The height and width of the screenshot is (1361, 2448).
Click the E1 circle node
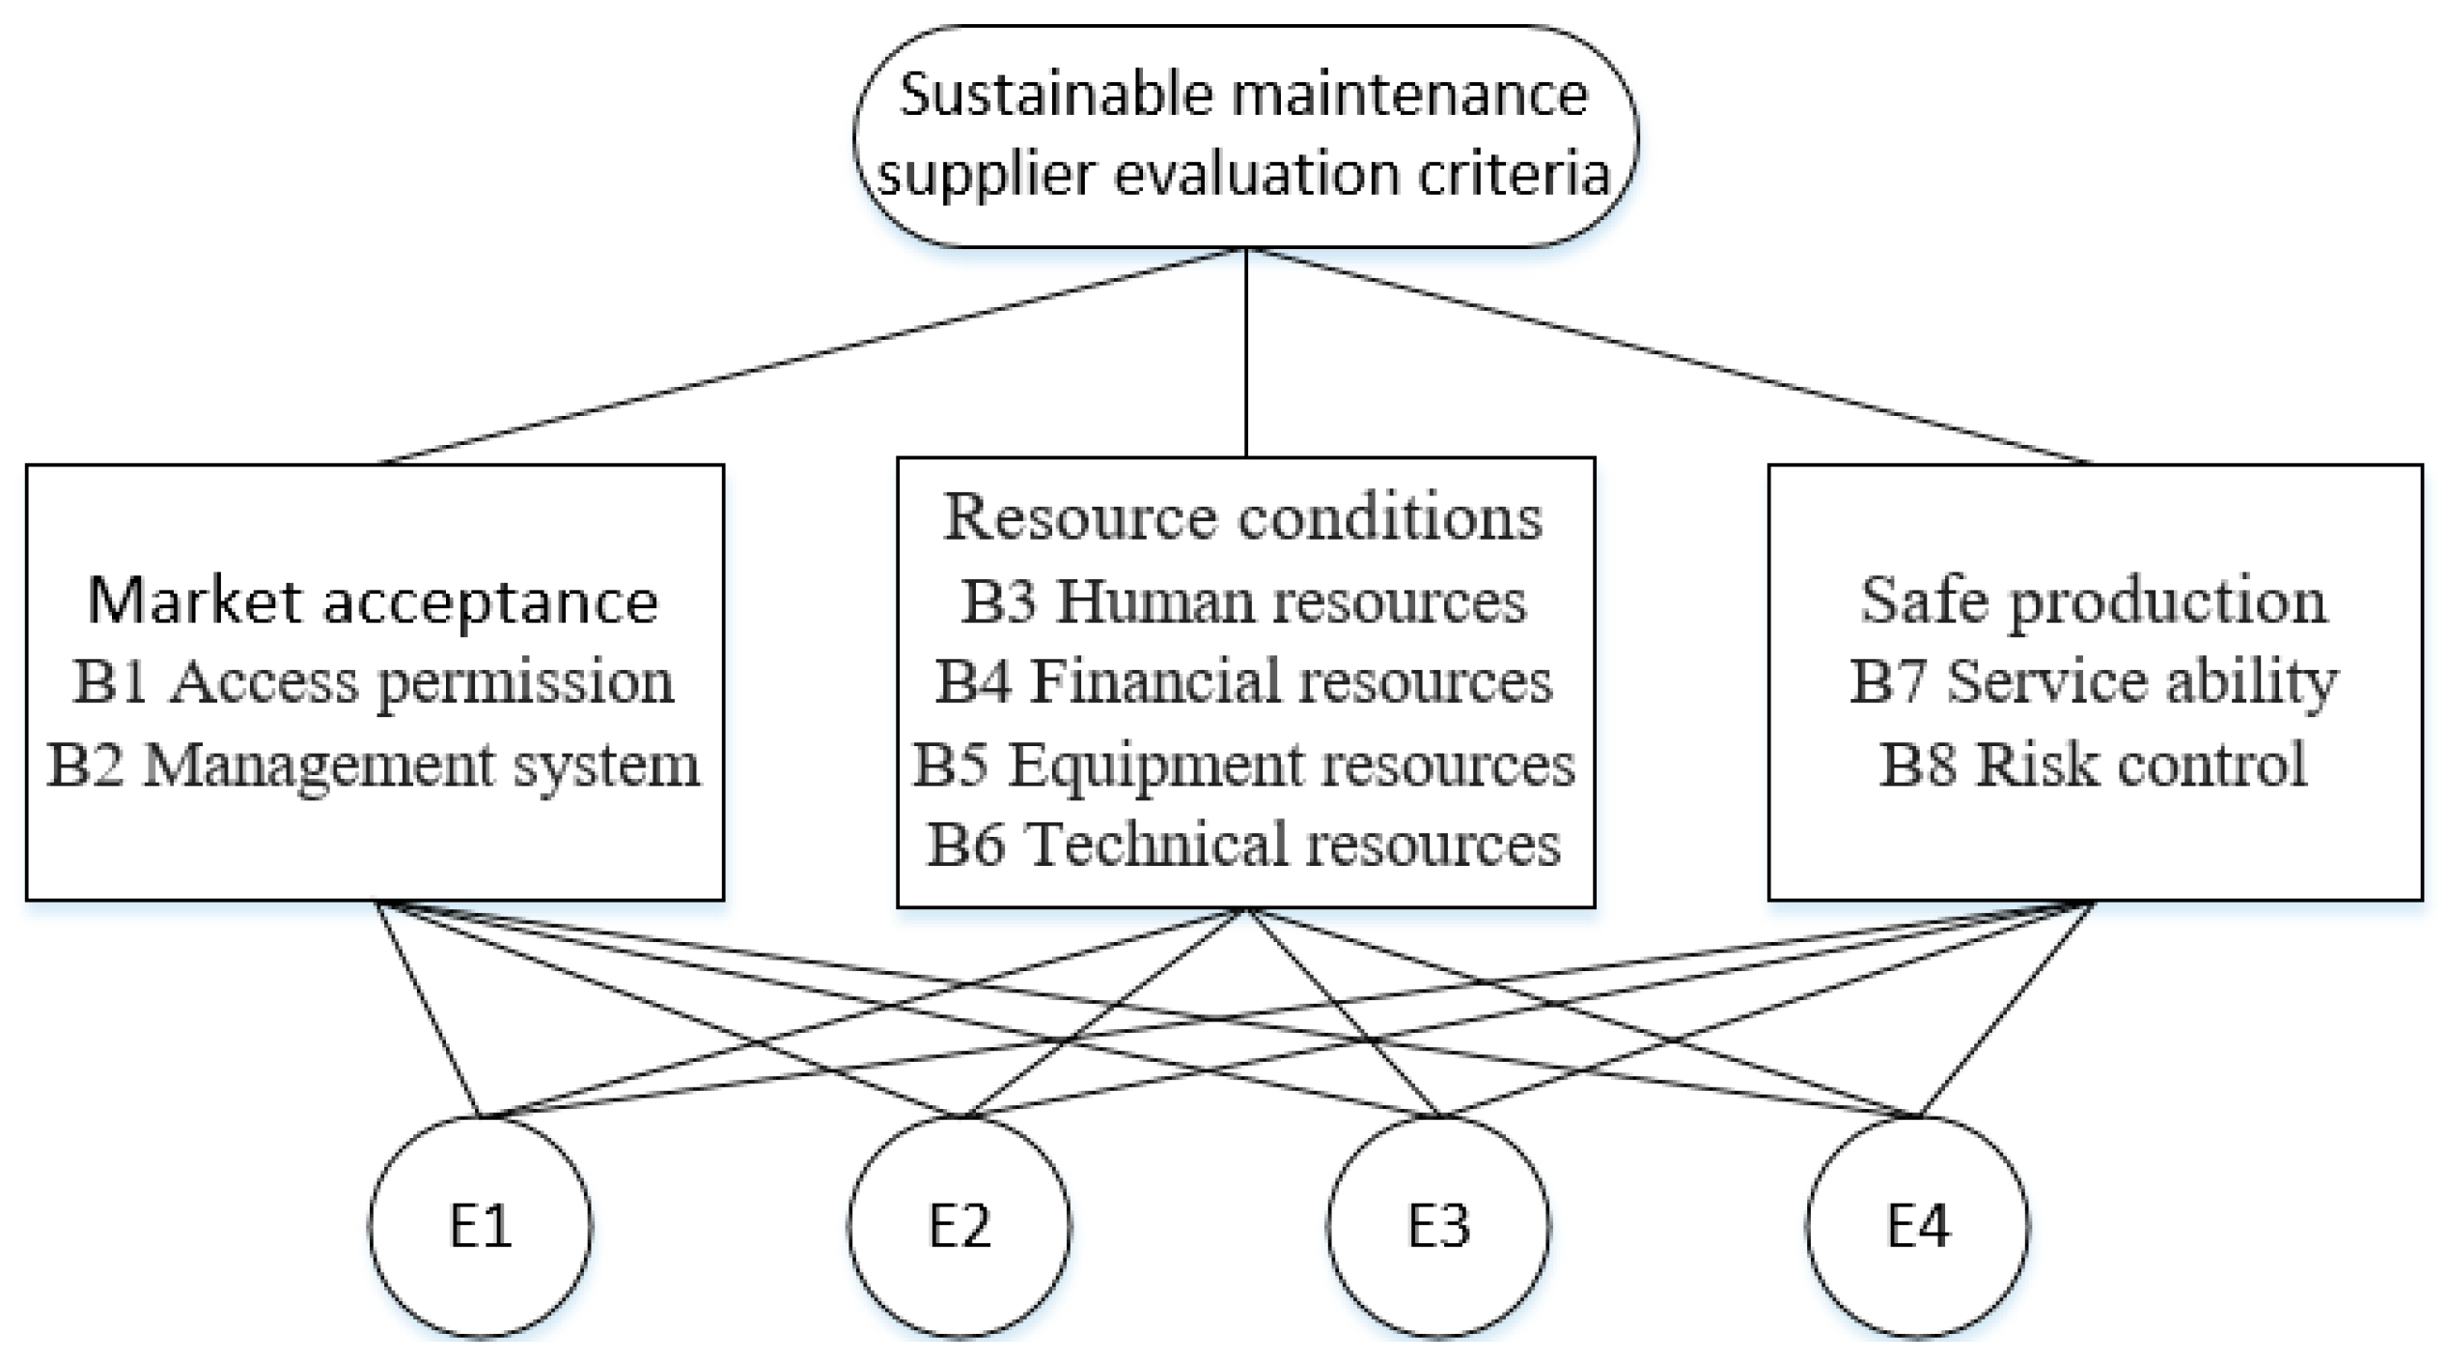coord(480,1226)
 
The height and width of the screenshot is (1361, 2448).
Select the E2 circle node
coord(960,1226)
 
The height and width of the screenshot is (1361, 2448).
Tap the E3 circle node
coord(1438,1226)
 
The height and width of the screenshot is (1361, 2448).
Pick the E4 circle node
coord(1917,1226)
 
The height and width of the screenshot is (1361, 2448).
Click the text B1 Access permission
coord(374,681)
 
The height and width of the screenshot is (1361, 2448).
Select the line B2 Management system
coord(374,764)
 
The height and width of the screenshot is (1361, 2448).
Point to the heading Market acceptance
coord(374,600)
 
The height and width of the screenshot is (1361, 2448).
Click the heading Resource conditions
coord(1243,516)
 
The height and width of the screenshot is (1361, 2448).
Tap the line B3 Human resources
coord(1243,600)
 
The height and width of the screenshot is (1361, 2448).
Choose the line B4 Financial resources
coord(1243,681)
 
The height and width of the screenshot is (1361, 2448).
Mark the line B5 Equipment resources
coord(1243,764)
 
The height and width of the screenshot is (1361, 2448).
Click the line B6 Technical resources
coord(1243,845)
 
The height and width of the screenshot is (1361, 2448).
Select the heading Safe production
coord(2093,600)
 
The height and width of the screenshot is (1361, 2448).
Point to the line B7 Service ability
coord(2093,681)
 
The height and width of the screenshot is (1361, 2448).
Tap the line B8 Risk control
coord(2093,764)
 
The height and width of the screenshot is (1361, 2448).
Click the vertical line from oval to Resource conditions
coord(1246,352)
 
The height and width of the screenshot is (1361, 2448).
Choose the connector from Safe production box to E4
coord(2006,1009)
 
